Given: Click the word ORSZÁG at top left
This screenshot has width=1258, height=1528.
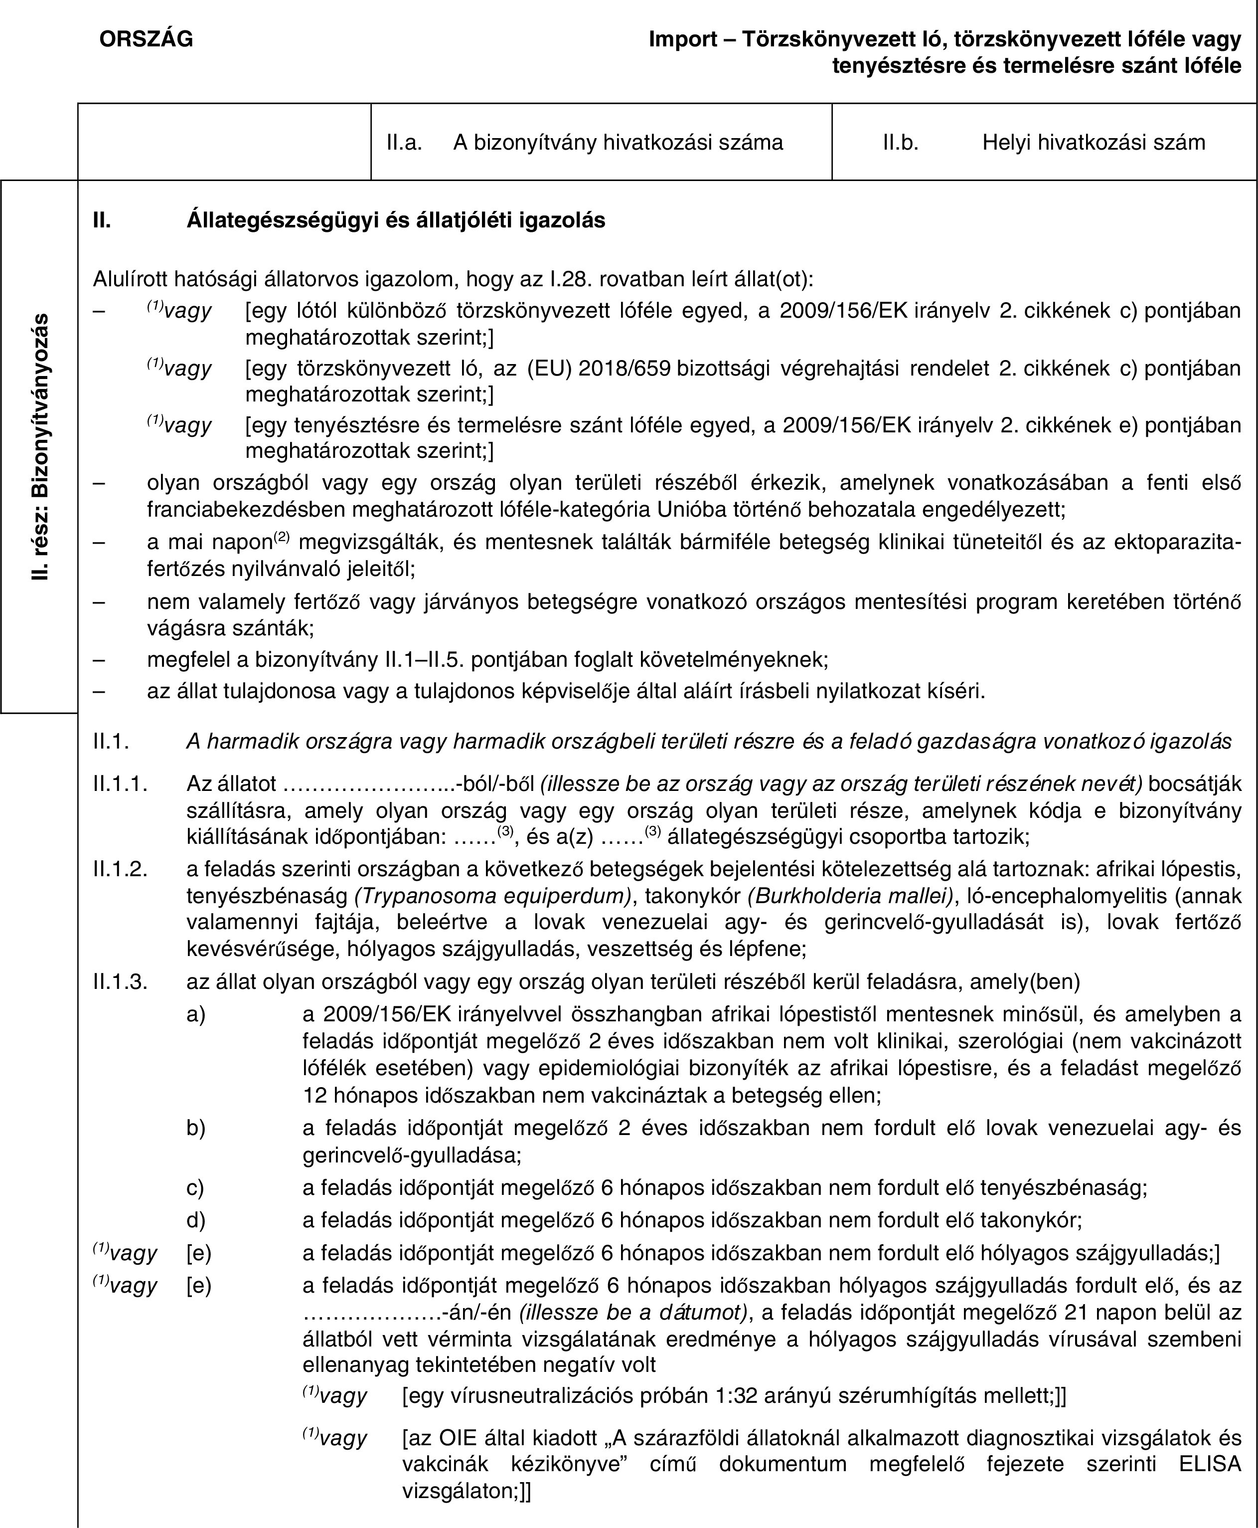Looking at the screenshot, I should click(x=147, y=39).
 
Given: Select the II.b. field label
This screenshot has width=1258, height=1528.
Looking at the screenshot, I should click(x=901, y=142).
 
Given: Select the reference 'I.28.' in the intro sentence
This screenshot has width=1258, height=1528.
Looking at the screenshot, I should click(x=573, y=278).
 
